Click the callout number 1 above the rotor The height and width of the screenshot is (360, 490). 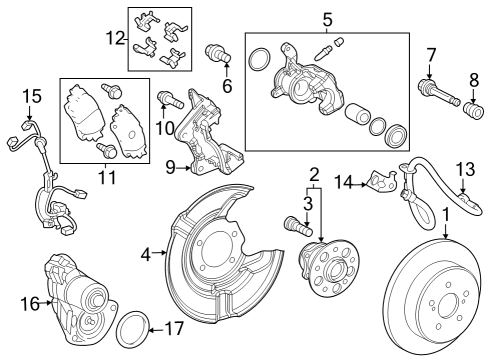446,214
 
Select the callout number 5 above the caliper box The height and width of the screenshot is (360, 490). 326,19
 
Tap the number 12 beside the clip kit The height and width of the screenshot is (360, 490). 116,39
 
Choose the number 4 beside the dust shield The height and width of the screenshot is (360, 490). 146,254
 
